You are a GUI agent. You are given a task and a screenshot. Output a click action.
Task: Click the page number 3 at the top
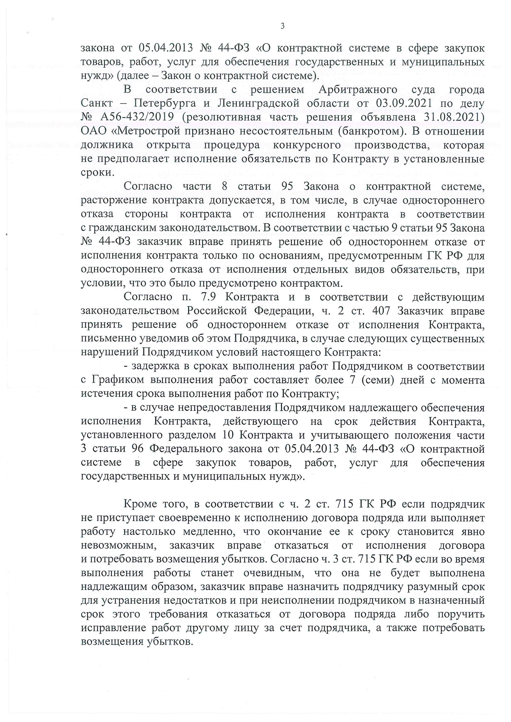282,26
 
